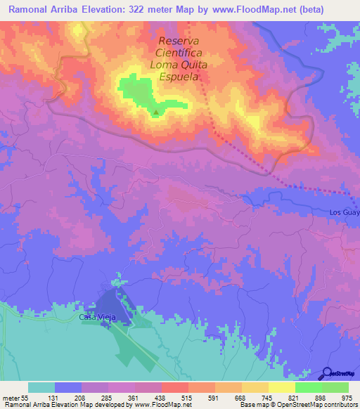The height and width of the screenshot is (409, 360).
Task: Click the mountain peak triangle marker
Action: coord(155,111)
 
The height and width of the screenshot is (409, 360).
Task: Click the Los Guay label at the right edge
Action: coord(344,212)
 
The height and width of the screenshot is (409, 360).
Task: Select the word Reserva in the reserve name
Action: coord(179,41)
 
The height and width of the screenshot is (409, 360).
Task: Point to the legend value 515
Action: coord(185,397)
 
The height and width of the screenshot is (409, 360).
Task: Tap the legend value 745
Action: coord(266,397)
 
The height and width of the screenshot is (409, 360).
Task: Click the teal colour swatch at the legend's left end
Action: coord(41,387)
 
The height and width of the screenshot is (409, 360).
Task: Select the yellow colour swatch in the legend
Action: coord(281,387)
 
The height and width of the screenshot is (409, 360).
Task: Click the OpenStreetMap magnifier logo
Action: coord(328,372)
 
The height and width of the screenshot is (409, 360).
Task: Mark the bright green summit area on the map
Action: coord(137,91)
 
